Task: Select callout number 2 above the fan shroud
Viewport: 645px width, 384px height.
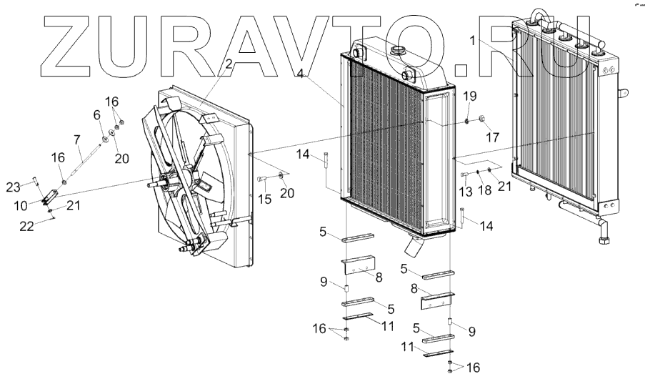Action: (x=229, y=64)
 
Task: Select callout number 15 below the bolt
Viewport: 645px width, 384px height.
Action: (x=264, y=198)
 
